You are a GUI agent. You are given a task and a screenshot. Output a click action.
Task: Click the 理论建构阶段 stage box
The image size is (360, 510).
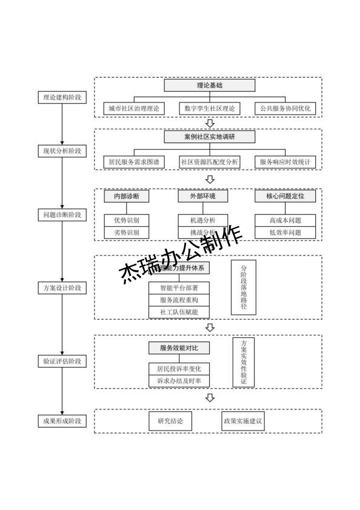click(62, 97)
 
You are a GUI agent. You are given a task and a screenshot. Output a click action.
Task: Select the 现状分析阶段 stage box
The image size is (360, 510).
click(62, 150)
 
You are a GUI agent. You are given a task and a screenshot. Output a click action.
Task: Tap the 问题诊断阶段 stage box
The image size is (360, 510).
click(62, 215)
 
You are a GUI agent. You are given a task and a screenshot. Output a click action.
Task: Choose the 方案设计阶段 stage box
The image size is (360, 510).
click(62, 287)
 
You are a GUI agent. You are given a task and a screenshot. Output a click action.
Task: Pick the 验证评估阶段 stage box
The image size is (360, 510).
click(62, 361)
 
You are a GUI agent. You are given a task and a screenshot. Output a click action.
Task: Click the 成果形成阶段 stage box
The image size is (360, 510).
click(62, 420)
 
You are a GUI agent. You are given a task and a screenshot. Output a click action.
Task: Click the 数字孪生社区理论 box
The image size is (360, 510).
click(210, 109)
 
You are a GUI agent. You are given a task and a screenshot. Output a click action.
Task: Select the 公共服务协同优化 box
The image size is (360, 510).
click(285, 109)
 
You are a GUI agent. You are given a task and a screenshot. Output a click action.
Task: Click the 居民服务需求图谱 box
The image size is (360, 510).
click(134, 162)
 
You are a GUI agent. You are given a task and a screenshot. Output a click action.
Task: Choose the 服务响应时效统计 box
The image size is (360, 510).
click(285, 162)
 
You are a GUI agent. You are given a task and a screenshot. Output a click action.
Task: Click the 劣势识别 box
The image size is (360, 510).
click(126, 232)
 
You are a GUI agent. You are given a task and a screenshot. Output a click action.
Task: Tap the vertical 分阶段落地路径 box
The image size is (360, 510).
click(244, 287)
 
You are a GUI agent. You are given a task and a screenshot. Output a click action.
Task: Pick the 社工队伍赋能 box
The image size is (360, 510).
click(179, 312)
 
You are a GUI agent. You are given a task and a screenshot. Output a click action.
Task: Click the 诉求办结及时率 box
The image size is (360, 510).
click(179, 381)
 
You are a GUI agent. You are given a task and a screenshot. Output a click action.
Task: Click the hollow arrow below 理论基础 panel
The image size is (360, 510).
click(210, 124)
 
